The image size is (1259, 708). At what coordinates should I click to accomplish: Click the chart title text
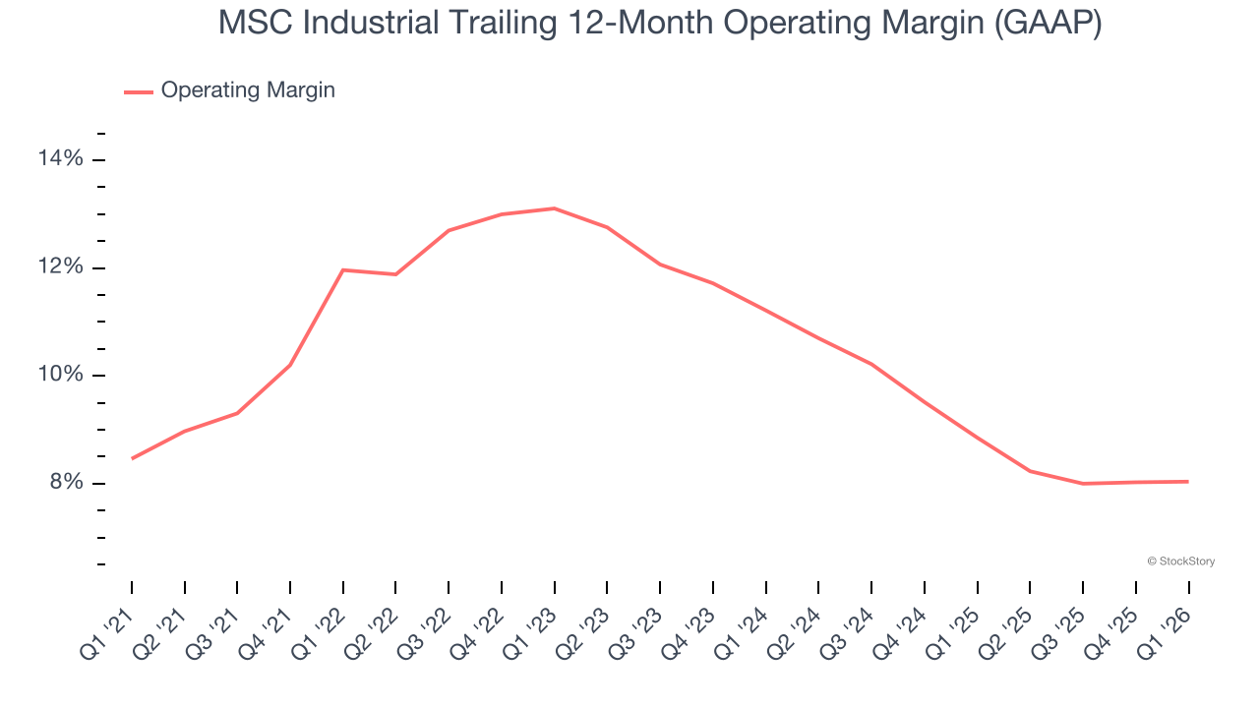(x=660, y=24)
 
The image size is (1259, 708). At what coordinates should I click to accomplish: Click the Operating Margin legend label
(x=248, y=90)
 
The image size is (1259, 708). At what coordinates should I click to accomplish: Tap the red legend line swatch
(x=139, y=91)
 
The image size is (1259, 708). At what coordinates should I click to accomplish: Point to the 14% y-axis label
(x=62, y=159)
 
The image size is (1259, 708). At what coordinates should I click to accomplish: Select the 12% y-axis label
(x=62, y=267)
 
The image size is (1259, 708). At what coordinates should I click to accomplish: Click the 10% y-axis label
(x=62, y=375)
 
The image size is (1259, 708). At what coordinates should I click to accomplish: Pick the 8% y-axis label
(x=66, y=483)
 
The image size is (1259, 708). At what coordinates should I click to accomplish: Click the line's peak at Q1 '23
(x=554, y=208)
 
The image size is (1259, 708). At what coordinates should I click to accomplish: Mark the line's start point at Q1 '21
(x=132, y=458)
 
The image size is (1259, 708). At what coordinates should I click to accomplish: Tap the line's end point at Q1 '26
(x=1188, y=481)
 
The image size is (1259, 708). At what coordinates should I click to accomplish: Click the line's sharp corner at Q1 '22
(x=342, y=269)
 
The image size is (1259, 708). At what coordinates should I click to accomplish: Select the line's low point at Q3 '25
(x=1083, y=483)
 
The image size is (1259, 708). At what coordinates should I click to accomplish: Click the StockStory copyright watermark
(x=1180, y=561)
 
